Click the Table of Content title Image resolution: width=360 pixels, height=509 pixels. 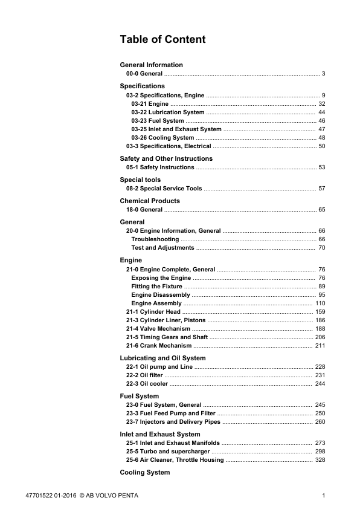point(162,40)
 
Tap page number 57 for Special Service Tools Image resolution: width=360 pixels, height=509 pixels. point(322,189)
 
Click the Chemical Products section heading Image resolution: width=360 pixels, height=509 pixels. point(150,201)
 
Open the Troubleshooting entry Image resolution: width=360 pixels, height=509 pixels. point(155,239)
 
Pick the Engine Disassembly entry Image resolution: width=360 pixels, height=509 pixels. point(161,295)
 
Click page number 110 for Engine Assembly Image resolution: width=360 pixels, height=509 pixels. point(320,303)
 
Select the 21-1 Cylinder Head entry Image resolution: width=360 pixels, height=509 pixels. point(153,312)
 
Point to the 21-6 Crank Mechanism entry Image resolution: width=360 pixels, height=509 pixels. point(159,346)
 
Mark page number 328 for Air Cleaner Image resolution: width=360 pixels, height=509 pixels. point(320,460)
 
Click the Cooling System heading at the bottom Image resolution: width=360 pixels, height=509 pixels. point(145,472)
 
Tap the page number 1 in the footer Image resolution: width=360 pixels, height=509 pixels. point(324,496)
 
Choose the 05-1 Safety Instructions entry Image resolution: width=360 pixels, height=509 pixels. point(160,167)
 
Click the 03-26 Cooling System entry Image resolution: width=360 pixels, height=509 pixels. point(162,138)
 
